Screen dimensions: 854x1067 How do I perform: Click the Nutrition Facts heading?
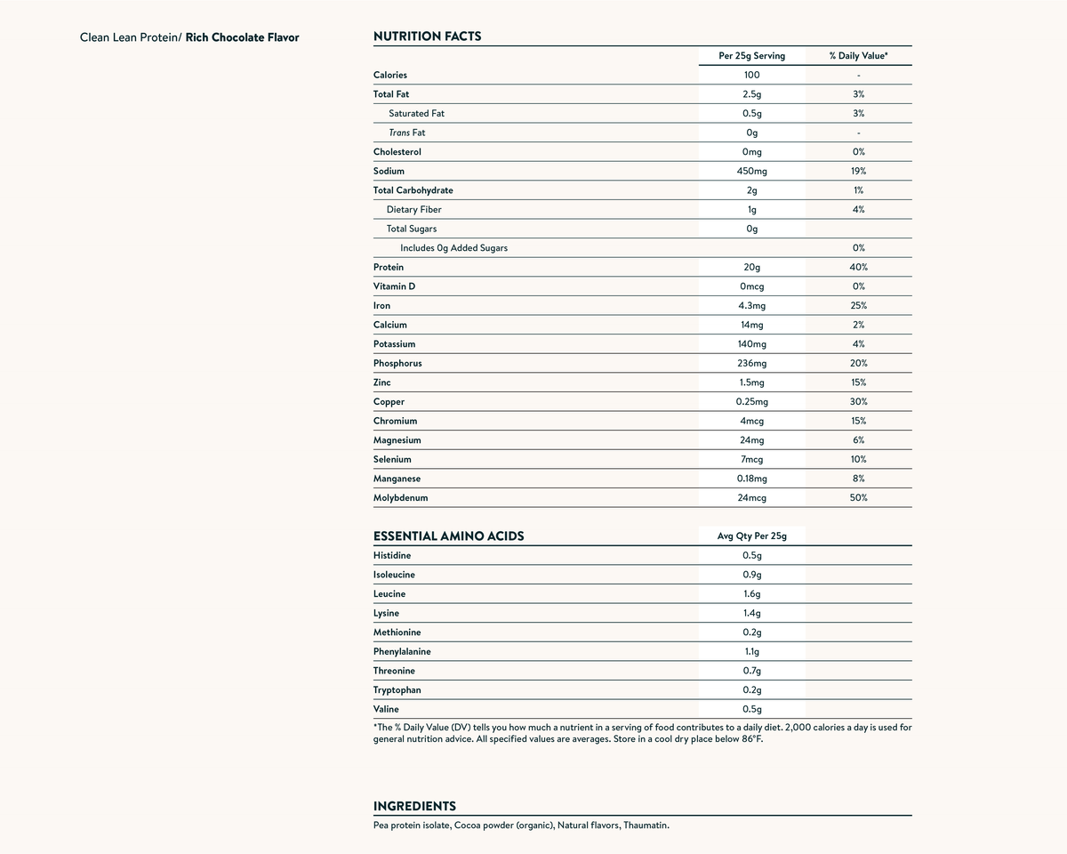click(427, 36)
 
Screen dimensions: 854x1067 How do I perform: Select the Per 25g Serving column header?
click(751, 56)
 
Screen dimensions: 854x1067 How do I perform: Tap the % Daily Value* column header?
click(858, 56)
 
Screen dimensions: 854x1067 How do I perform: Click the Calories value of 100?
click(751, 75)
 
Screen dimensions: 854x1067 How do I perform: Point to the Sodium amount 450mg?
click(751, 171)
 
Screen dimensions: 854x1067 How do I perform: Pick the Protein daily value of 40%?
click(858, 267)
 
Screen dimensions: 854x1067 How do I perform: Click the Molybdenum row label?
click(400, 498)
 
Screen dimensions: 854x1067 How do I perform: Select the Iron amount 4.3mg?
click(751, 306)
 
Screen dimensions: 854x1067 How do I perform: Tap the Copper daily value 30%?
click(858, 402)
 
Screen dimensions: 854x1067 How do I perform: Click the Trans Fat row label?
click(407, 133)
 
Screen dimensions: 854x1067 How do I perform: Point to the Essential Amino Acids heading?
click(448, 536)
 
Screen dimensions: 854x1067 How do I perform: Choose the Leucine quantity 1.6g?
click(751, 594)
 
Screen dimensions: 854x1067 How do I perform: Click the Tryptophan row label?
click(397, 690)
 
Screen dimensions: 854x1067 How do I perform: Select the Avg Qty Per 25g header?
click(751, 536)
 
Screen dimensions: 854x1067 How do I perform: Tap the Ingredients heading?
click(414, 806)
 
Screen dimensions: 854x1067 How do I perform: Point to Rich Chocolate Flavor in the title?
click(242, 38)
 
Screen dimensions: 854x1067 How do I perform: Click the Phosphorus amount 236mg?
click(751, 364)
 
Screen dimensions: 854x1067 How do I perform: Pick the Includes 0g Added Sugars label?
click(453, 248)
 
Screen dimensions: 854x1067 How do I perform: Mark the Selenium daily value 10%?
click(858, 460)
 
